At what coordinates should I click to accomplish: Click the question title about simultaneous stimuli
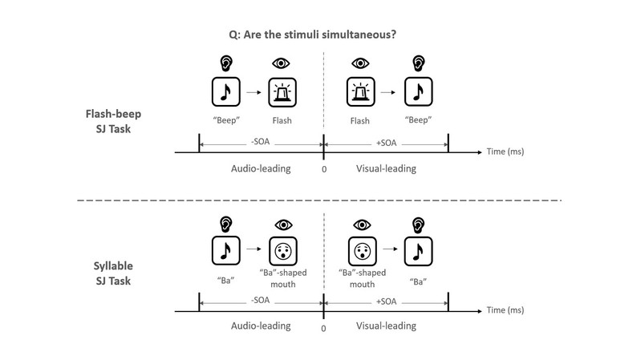point(320,32)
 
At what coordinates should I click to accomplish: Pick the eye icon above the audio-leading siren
point(282,63)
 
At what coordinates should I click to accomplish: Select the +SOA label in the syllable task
point(386,301)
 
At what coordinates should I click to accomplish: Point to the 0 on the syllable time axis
point(323,328)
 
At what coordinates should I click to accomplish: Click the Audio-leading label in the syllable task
point(259,326)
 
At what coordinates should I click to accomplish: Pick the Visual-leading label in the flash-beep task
point(386,169)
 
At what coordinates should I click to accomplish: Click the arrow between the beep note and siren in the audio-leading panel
point(254,92)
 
